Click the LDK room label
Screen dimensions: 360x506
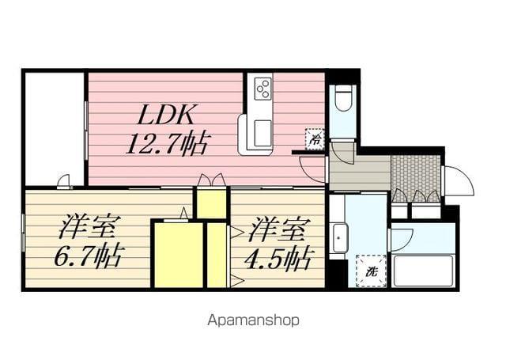point(167,116)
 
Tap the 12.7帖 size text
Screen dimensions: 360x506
point(168,144)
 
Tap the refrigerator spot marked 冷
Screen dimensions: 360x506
point(315,137)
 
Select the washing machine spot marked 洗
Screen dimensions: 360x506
point(370,271)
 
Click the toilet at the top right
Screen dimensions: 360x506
point(343,100)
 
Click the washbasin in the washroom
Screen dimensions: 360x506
point(341,237)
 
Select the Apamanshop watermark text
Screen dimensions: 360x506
point(253,320)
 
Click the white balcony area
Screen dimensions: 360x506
point(54,127)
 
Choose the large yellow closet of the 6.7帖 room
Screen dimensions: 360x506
point(177,256)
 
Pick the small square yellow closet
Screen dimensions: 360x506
point(211,203)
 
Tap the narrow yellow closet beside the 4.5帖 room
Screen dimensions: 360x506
point(216,256)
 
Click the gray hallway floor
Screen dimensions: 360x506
point(360,172)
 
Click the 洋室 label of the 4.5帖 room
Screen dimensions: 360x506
point(278,230)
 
